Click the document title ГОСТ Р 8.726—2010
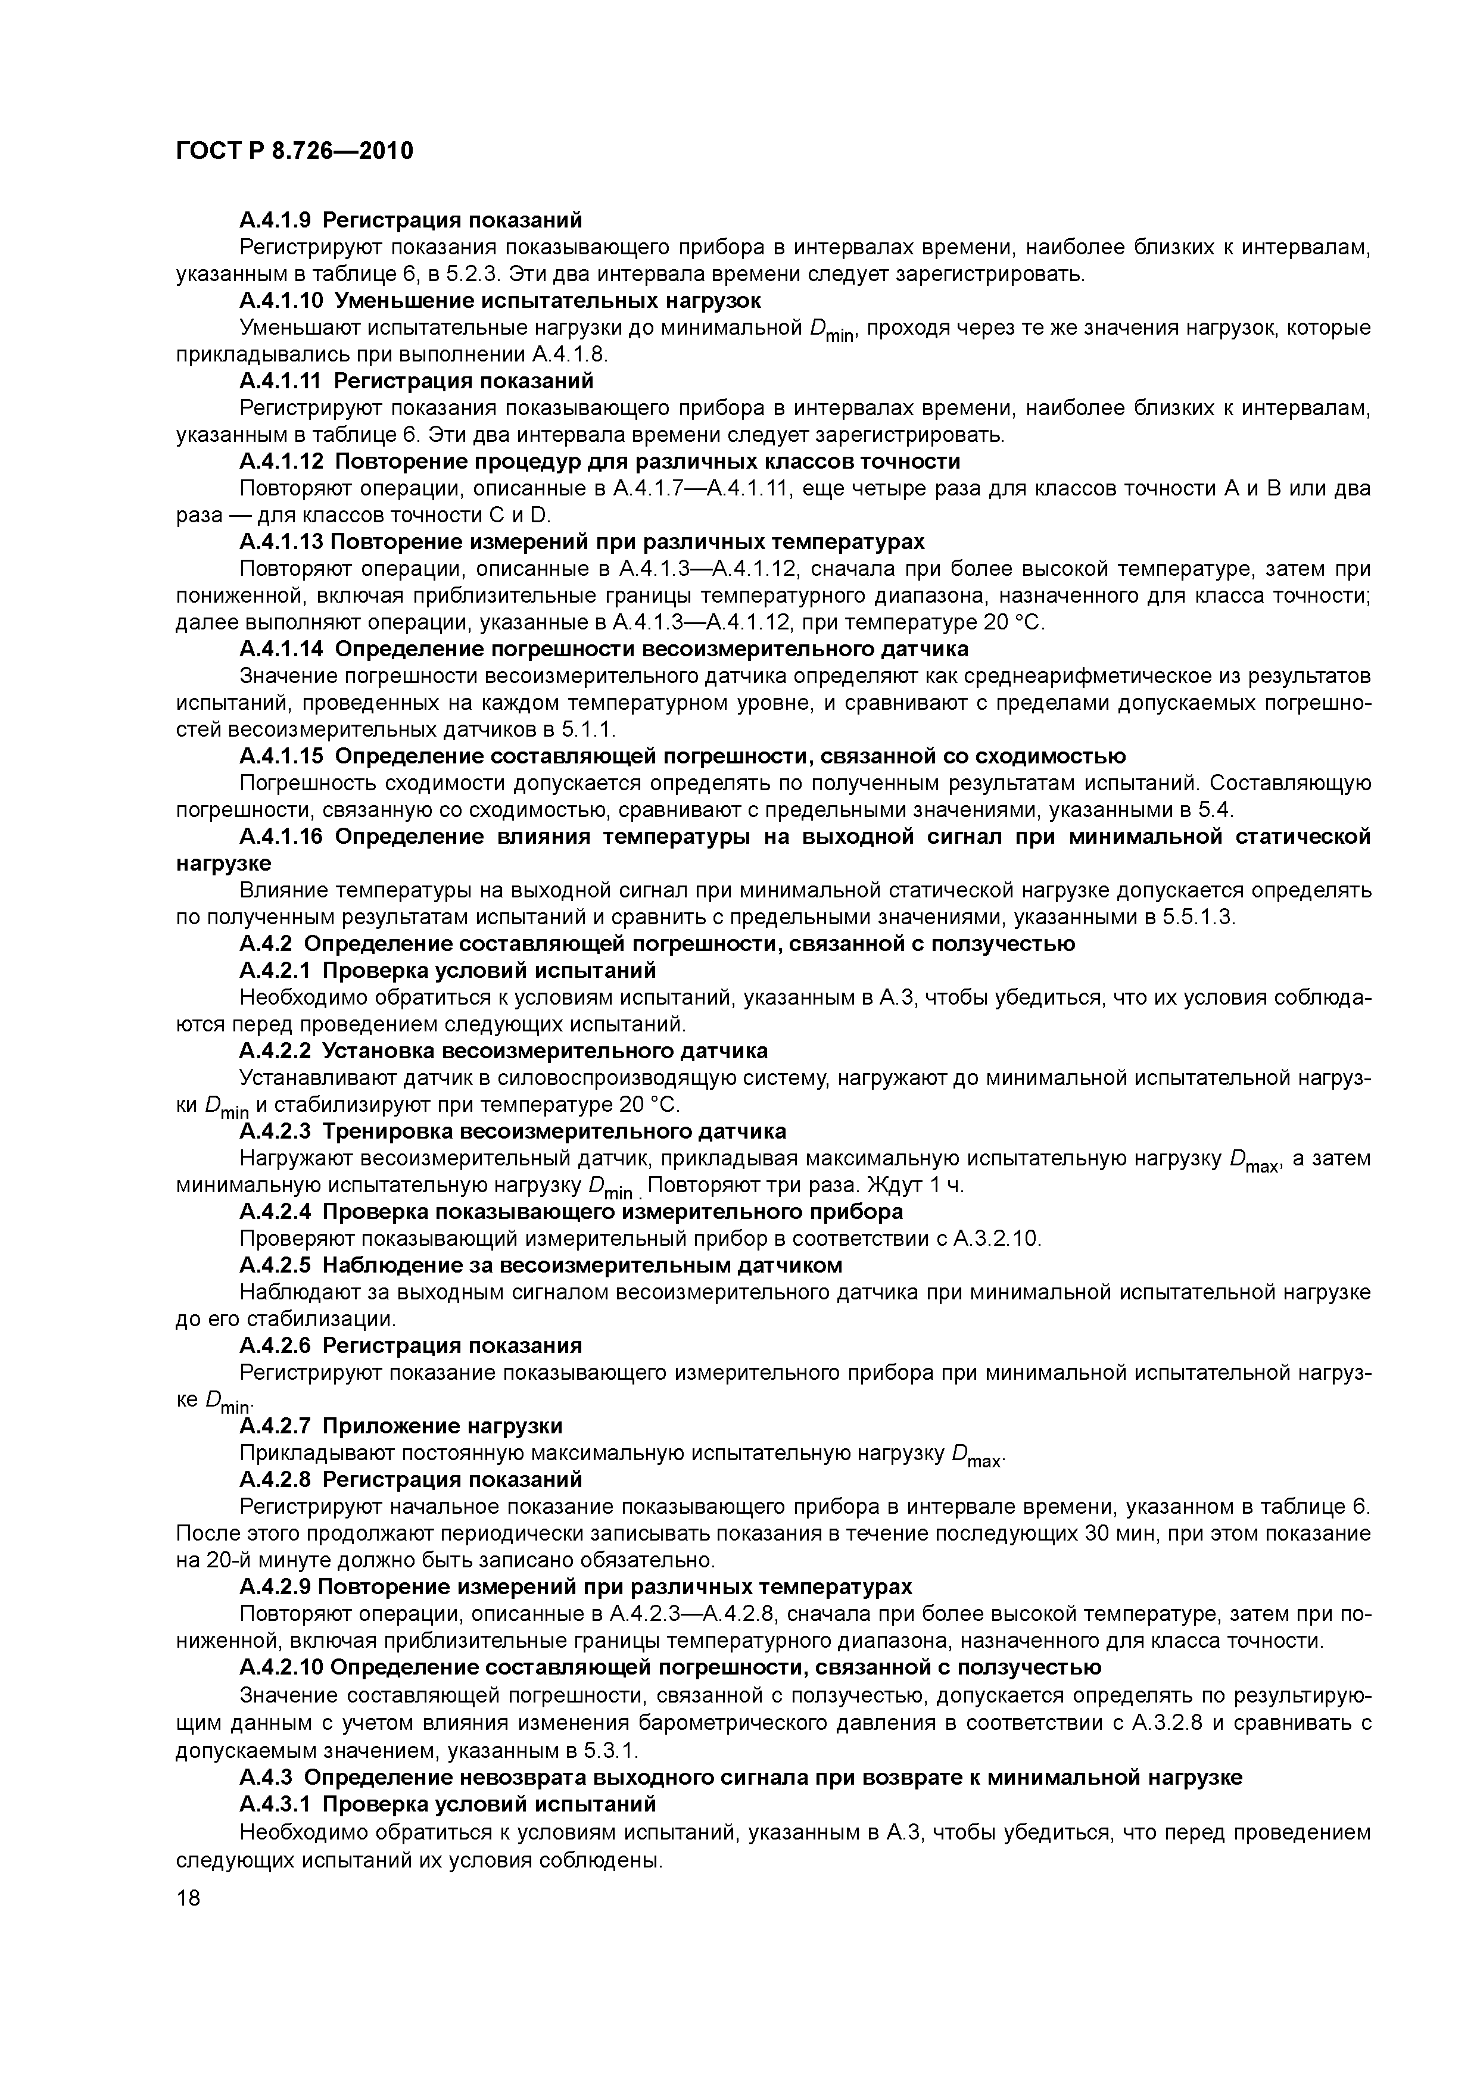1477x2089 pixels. (294, 151)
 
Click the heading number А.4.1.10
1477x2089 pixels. (281, 300)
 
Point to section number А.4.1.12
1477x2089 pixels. (281, 462)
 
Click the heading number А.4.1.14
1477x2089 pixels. (281, 648)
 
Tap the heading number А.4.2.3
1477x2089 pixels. (275, 1131)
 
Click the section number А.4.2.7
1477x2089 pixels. (275, 1426)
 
